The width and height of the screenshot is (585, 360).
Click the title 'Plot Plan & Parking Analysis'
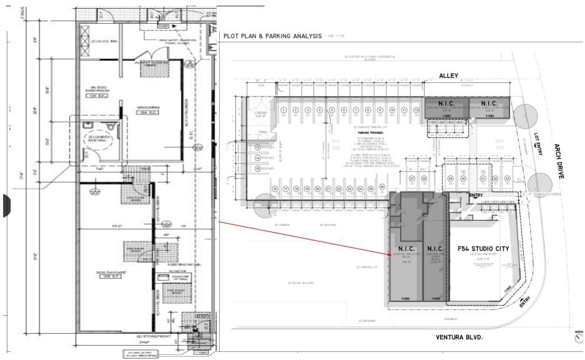tap(273, 36)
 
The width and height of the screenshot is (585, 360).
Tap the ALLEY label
tap(449, 75)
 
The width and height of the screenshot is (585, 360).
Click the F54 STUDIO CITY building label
tap(479, 249)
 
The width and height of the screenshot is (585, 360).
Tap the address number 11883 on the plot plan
tap(489, 116)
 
